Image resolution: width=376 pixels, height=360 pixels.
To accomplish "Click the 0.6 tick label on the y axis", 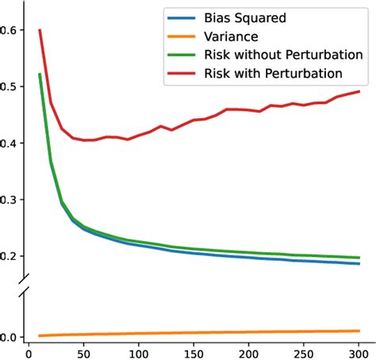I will click(9, 30).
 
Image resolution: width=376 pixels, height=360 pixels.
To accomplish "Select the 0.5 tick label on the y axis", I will click(9, 86).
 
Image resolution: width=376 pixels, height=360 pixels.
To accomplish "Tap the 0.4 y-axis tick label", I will click(9, 144).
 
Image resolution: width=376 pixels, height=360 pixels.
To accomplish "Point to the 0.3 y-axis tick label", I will click(9, 200).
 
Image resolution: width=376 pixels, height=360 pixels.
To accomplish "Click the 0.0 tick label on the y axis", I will click(9, 337).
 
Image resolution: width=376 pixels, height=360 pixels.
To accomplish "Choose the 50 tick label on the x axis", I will click(83, 352).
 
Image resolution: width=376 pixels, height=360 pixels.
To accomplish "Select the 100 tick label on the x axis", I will click(139, 352).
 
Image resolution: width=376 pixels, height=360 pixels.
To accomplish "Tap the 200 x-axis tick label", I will click(249, 352).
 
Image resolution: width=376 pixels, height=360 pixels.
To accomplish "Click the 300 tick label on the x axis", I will click(359, 352).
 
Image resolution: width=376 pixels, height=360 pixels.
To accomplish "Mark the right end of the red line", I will click(359, 91).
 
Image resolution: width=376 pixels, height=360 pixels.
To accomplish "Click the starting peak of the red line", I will click(40, 30).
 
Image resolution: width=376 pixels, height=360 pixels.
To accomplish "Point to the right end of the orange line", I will click(359, 331).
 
